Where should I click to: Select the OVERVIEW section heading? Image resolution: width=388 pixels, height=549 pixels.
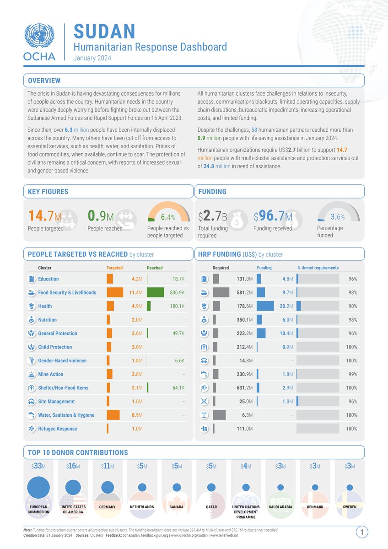[x=44, y=81]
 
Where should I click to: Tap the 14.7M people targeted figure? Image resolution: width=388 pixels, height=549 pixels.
[x=44, y=215]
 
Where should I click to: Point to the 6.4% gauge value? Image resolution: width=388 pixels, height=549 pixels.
[x=167, y=217]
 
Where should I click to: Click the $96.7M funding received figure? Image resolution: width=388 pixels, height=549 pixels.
[x=273, y=215]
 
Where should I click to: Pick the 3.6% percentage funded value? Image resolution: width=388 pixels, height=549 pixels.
[x=337, y=217]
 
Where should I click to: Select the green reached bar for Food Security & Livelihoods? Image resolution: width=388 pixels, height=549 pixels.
[x=156, y=292]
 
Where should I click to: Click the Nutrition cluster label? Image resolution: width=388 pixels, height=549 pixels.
[x=48, y=320]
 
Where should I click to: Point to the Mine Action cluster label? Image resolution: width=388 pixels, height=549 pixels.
[x=51, y=374]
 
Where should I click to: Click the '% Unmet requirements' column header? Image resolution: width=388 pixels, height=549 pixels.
[x=318, y=268]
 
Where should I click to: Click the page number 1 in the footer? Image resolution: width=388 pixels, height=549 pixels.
[x=361, y=532]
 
